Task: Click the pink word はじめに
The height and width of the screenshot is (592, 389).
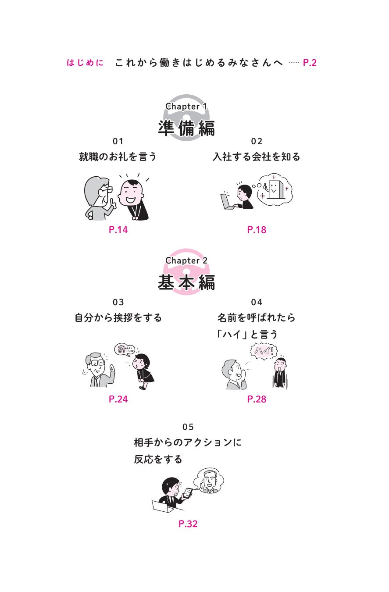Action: (85, 63)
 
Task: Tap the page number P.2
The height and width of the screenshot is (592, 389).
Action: (310, 63)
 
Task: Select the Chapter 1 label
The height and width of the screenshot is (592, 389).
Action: (186, 107)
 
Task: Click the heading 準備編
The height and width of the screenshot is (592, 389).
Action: (186, 128)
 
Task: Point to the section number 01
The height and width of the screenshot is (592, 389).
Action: (118, 141)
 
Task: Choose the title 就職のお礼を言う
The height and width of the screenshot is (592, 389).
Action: (118, 157)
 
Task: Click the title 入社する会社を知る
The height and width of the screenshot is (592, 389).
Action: (257, 157)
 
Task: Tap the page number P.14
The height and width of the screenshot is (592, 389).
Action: (118, 230)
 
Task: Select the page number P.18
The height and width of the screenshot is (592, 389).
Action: (257, 230)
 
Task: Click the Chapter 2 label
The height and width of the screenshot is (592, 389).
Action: (186, 261)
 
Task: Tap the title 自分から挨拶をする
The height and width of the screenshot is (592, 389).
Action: (118, 317)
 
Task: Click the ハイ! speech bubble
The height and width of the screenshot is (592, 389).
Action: (264, 351)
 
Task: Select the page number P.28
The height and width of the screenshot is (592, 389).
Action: (257, 399)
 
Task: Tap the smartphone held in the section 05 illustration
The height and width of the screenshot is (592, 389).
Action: (188, 492)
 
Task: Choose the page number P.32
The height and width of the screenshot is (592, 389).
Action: (188, 524)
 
